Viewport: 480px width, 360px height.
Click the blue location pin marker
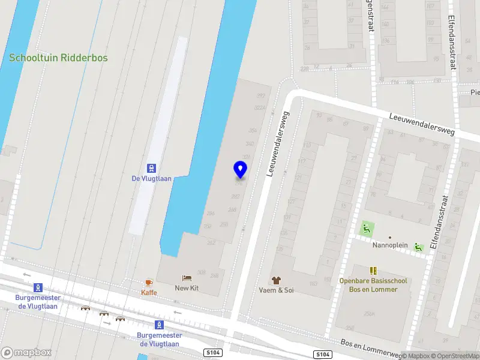click(240, 170)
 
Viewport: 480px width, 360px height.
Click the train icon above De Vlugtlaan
click(151, 168)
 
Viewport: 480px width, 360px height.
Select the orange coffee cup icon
click(149, 282)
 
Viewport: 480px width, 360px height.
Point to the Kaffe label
click(149, 292)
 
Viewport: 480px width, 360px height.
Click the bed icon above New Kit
click(187, 278)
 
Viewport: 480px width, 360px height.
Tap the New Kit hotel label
click(187, 289)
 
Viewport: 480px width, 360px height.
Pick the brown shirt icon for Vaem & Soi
click(276, 280)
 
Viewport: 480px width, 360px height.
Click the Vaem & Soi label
click(276, 290)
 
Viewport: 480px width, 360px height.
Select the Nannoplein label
click(390, 245)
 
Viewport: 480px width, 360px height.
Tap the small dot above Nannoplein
click(390, 238)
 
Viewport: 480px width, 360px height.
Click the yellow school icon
click(373, 271)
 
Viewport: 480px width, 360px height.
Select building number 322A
click(260, 108)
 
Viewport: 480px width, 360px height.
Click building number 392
click(260, 96)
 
